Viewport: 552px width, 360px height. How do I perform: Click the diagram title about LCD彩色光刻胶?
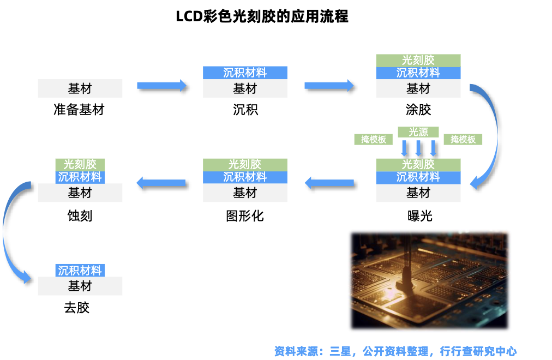point(262,16)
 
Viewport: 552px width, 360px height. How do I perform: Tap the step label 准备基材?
point(79,110)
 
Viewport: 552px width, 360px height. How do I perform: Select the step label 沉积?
point(245,110)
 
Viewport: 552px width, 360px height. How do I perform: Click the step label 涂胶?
point(418,110)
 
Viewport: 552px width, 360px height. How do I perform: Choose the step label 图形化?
point(245,216)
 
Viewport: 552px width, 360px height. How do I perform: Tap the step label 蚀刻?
point(80,216)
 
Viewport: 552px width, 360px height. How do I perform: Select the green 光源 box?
point(418,132)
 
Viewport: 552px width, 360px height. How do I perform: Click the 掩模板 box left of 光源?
point(374,139)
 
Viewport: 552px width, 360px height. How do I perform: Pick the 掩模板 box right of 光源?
point(463,139)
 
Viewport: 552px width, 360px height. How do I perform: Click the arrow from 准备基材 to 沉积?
point(162,85)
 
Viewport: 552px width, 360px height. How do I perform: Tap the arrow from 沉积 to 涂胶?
point(329,85)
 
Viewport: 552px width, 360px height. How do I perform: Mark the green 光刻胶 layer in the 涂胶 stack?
point(418,60)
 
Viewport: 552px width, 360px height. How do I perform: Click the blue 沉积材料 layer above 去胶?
point(80,270)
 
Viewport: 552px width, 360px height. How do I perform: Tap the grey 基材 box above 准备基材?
point(80,88)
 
